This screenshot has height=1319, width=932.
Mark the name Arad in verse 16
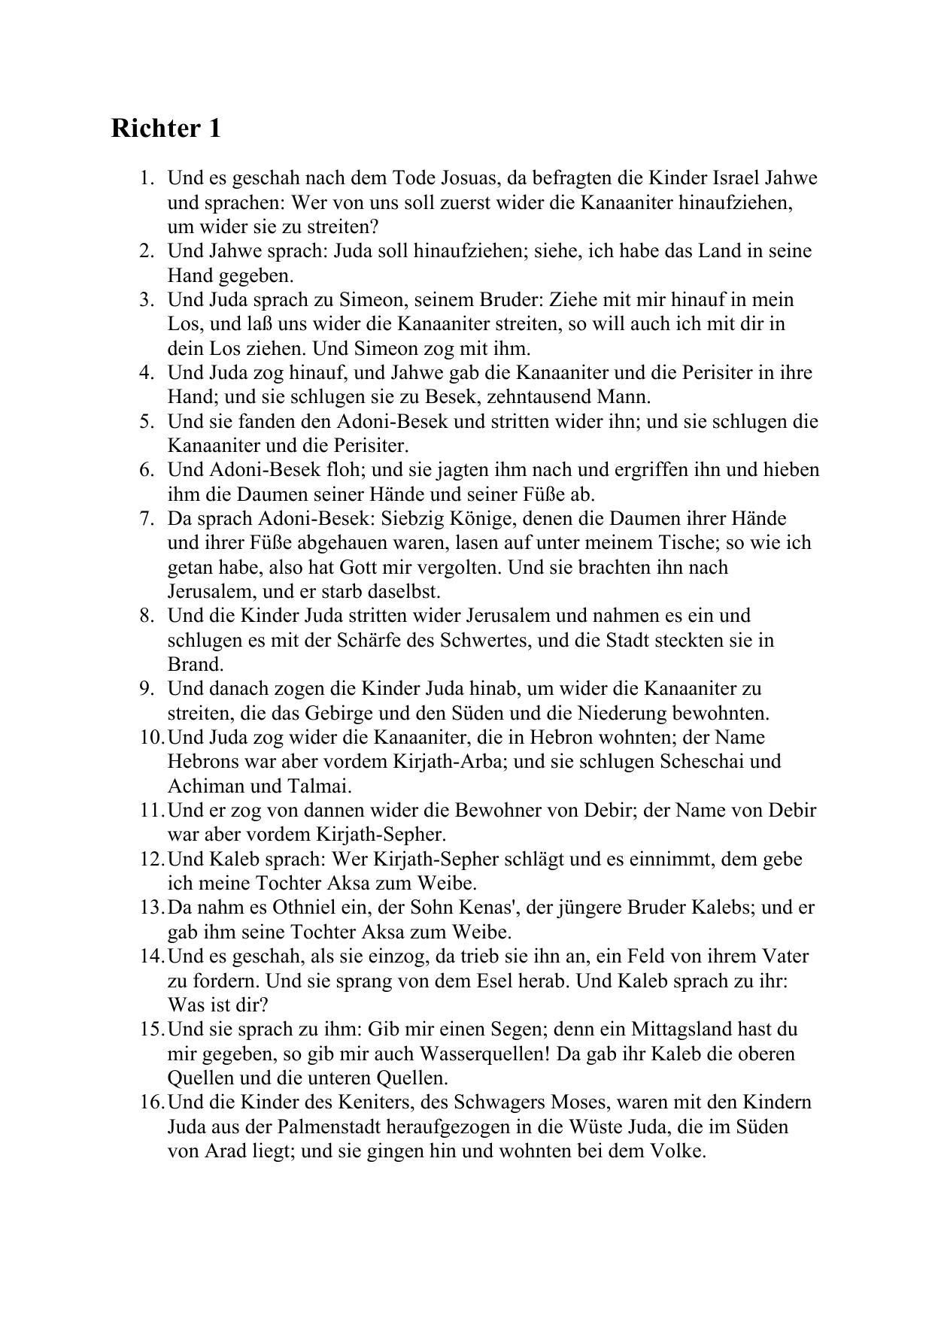click(225, 1151)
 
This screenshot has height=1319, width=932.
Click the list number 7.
click(147, 518)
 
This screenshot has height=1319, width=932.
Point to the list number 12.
click(151, 859)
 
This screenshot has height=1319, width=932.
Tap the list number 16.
click(151, 1102)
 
